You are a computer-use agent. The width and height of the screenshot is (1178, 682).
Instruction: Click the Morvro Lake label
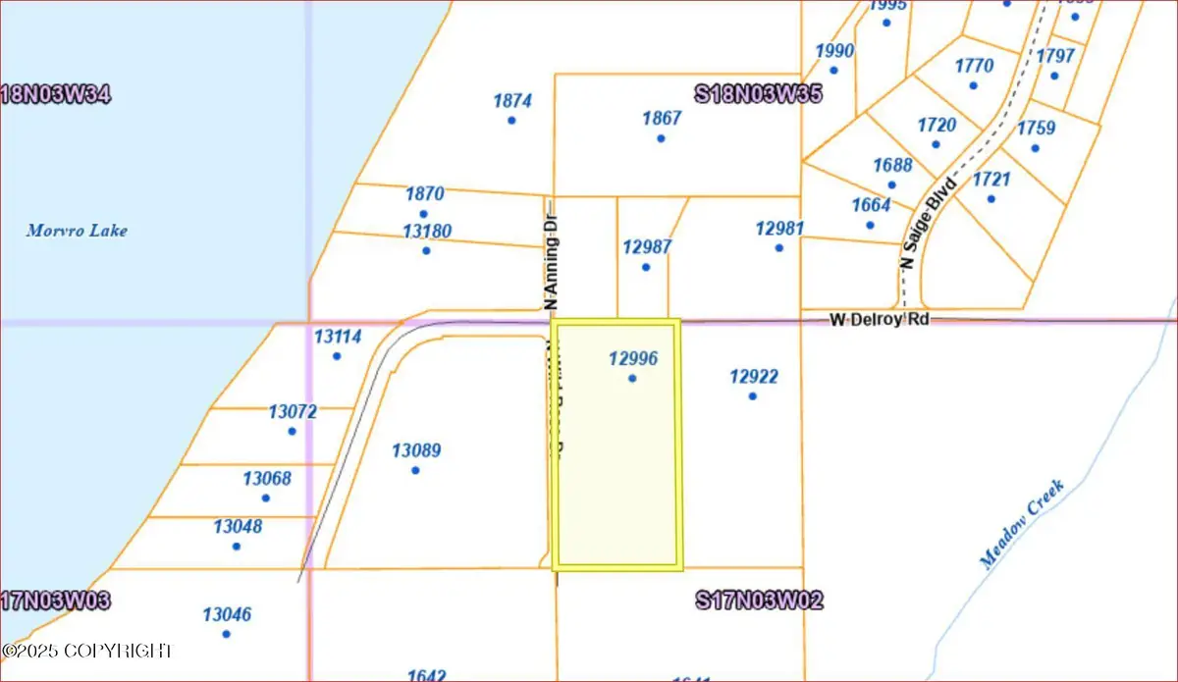coord(77,232)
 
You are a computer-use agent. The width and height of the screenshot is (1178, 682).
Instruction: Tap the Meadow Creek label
coord(1022,524)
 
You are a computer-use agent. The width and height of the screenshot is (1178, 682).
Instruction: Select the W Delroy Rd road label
coord(879,319)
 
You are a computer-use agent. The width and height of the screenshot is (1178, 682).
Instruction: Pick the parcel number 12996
coord(632,359)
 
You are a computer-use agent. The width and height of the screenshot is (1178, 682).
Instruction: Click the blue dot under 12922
coord(753,396)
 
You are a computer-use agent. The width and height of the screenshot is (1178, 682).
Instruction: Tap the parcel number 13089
coord(416,451)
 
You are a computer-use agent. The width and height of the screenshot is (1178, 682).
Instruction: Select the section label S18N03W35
coord(757,94)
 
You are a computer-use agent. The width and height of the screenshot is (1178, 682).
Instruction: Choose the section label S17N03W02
coord(758,600)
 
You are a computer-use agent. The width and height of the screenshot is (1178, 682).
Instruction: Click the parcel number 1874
coord(512,100)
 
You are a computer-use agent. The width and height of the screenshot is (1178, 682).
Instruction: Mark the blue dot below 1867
coord(661,138)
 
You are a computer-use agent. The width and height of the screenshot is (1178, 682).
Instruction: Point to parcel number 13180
coord(427,232)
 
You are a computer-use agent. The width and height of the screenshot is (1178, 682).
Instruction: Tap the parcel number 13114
coord(338,337)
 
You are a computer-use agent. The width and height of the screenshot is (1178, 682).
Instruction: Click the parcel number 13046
coord(227,615)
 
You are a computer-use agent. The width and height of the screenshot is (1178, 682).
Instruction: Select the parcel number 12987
coord(647,247)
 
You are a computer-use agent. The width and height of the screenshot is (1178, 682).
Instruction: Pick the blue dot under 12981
coord(778,248)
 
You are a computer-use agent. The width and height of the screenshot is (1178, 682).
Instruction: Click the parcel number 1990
coord(834,51)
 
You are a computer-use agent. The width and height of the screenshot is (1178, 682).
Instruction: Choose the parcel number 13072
coord(293,412)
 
